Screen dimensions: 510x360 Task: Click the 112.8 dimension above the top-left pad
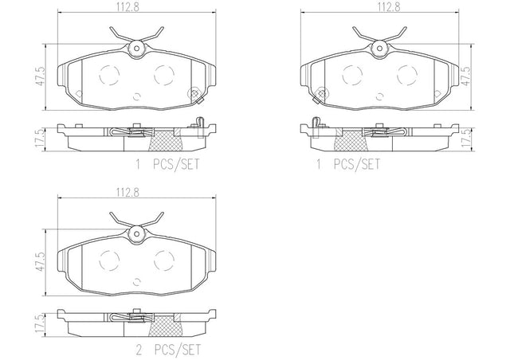(127, 7)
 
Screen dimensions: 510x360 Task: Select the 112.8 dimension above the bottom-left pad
(127, 193)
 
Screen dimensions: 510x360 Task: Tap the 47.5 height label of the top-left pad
(40, 76)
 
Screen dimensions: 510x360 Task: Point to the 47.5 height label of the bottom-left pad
(40, 262)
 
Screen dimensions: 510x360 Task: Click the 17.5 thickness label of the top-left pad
(40, 140)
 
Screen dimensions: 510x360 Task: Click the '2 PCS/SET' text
(168, 350)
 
